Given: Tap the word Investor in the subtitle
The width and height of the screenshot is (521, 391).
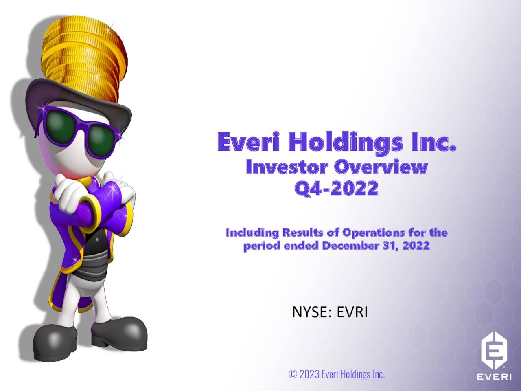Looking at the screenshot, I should pyautogui.click(x=287, y=167).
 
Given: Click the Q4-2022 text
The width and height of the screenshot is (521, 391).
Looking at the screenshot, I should pyautogui.click(x=336, y=189).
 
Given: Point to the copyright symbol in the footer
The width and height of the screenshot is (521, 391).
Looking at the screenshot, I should pyautogui.click(x=293, y=374).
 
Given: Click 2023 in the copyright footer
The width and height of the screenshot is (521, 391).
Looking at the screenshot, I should pyautogui.click(x=309, y=374).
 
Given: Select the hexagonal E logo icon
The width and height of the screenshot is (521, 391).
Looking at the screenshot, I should pyautogui.click(x=494, y=350).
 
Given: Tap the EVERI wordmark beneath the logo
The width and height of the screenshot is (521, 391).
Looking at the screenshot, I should pyautogui.click(x=494, y=376).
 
